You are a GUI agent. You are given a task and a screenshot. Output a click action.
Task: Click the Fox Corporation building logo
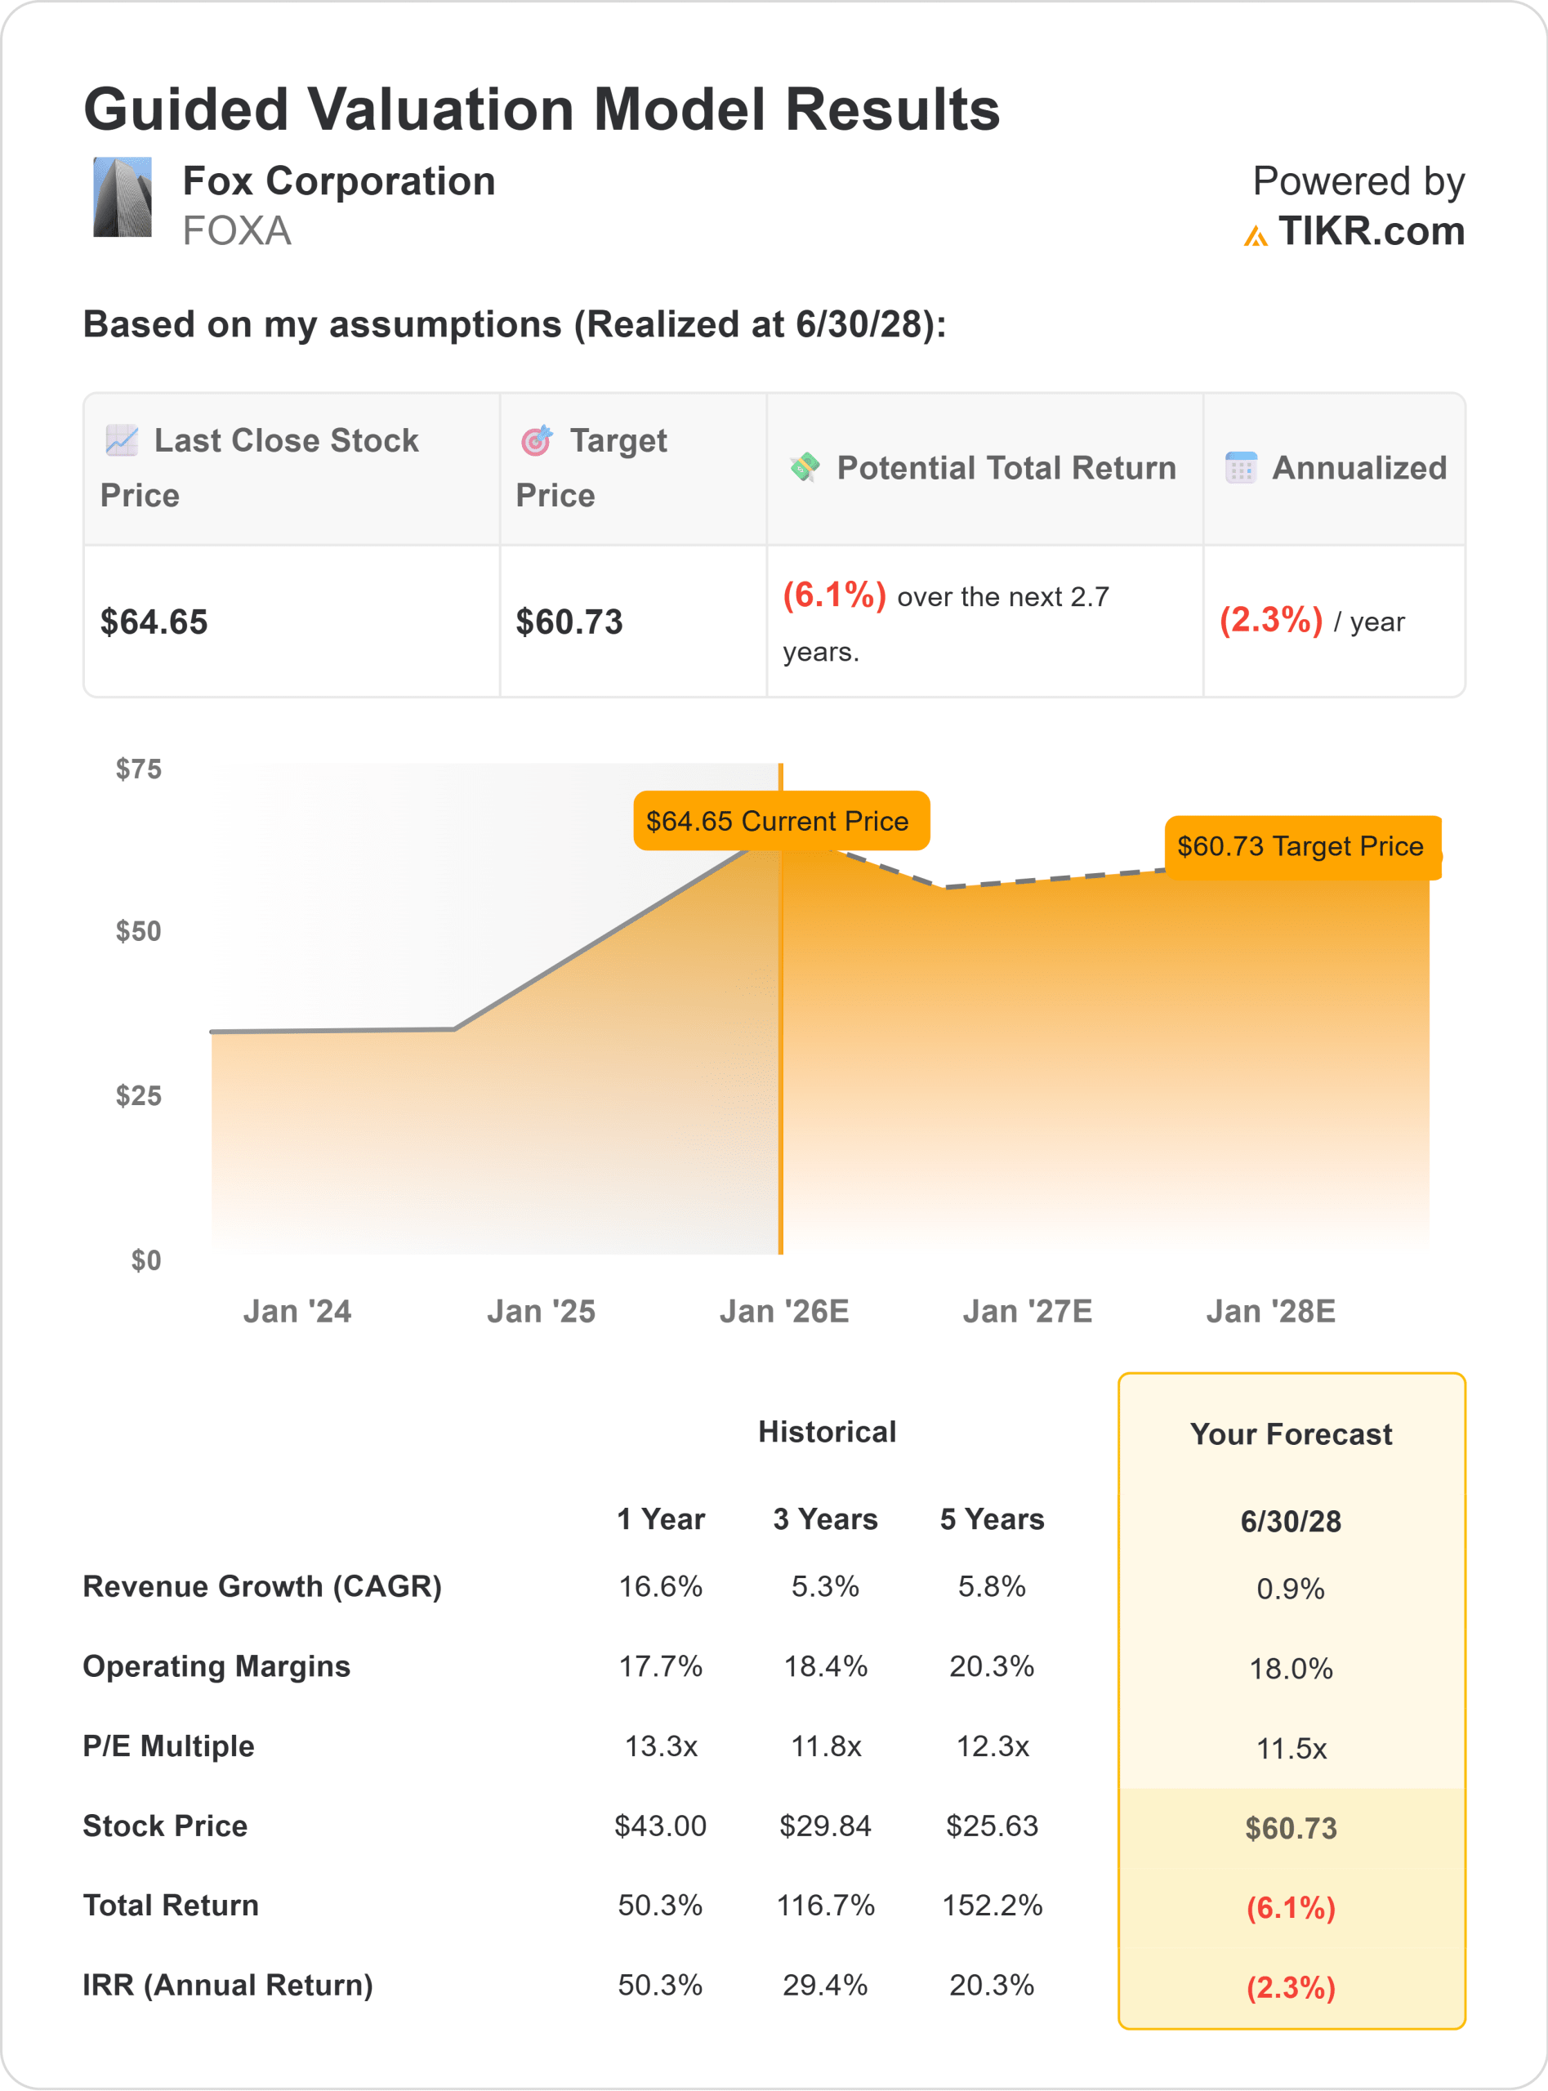(122, 197)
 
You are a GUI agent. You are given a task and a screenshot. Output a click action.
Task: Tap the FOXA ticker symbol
(236, 231)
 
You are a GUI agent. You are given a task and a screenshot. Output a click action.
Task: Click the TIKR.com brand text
(1370, 231)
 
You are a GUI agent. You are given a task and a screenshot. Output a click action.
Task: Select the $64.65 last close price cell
(154, 622)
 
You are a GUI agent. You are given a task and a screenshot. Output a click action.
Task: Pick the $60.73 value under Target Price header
(569, 622)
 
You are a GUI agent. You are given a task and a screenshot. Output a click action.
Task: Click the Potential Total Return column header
(1005, 467)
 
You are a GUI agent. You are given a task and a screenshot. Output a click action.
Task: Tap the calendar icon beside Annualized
(1241, 467)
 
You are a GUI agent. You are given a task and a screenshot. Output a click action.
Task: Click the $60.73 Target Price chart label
(1300, 847)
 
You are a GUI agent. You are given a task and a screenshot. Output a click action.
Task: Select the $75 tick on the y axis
(139, 769)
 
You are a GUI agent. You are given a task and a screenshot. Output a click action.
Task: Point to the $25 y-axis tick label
(139, 1095)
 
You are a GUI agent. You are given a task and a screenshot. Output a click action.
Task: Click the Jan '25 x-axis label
(541, 1311)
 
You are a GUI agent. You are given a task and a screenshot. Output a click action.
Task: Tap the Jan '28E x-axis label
(1270, 1311)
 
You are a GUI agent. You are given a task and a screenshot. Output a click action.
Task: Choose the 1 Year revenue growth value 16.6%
(661, 1586)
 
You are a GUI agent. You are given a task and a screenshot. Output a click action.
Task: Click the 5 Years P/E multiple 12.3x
(993, 1746)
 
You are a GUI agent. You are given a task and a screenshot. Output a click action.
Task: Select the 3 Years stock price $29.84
(826, 1826)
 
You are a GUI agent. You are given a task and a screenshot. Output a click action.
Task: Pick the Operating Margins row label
(216, 1666)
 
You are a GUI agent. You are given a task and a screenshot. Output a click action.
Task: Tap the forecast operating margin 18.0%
(1291, 1669)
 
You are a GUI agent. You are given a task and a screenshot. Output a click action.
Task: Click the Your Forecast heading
(1291, 1434)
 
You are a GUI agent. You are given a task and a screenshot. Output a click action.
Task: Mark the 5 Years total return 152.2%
(993, 1906)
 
